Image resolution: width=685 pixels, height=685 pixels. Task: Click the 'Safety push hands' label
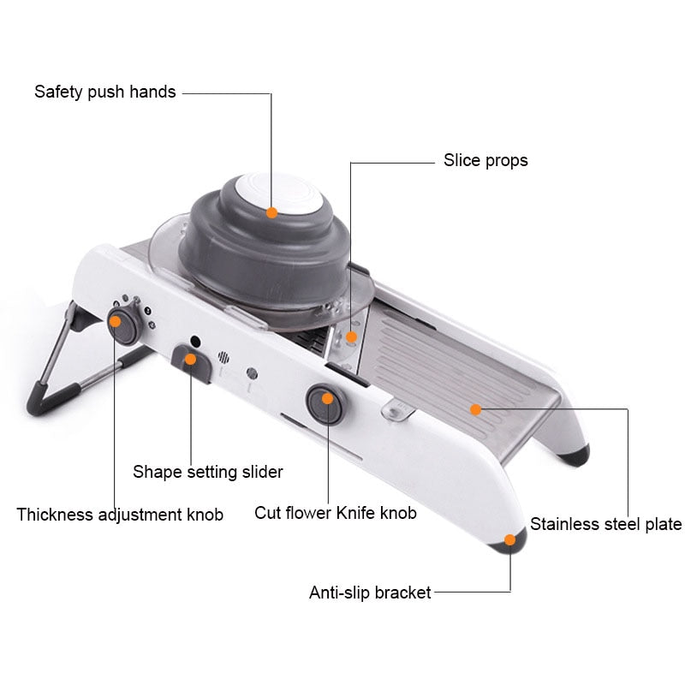coord(104,92)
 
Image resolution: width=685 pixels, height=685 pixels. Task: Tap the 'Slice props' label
coord(485,160)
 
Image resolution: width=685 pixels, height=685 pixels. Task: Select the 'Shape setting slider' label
coord(207,471)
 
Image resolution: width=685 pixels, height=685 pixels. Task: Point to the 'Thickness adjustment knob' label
coord(120,515)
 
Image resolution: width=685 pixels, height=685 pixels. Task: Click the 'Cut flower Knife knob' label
coord(335,513)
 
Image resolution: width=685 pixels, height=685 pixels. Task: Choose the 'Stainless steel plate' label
coord(605,524)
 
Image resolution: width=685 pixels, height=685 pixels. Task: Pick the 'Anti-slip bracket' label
coord(370,592)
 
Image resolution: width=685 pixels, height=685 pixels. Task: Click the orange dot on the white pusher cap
coord(271,211)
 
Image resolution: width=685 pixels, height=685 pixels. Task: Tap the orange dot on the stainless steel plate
coord(475,409)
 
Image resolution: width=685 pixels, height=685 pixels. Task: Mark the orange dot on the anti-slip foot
coord(510,539)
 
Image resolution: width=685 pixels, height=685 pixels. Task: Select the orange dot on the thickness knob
coord(115,322)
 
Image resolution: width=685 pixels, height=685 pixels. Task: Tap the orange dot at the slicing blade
coord(350,337)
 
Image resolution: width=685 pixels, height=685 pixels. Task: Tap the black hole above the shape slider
coord(194,340)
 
